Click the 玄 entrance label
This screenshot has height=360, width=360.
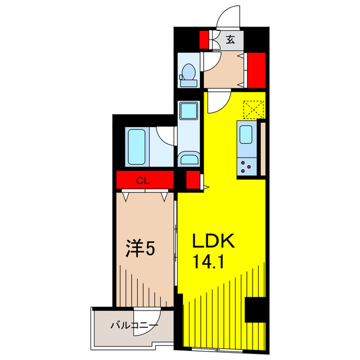231,39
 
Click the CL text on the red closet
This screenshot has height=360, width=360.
145,180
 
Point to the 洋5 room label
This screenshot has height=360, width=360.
139,249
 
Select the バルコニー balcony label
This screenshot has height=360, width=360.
134,325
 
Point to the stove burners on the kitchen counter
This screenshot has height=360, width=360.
247,165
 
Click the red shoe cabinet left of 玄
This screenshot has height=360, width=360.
204,39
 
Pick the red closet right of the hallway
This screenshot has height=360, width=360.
256,69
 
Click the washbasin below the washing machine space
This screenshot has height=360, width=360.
189,159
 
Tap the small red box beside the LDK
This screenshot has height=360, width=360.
192,180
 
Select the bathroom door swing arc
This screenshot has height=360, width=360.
165,136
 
